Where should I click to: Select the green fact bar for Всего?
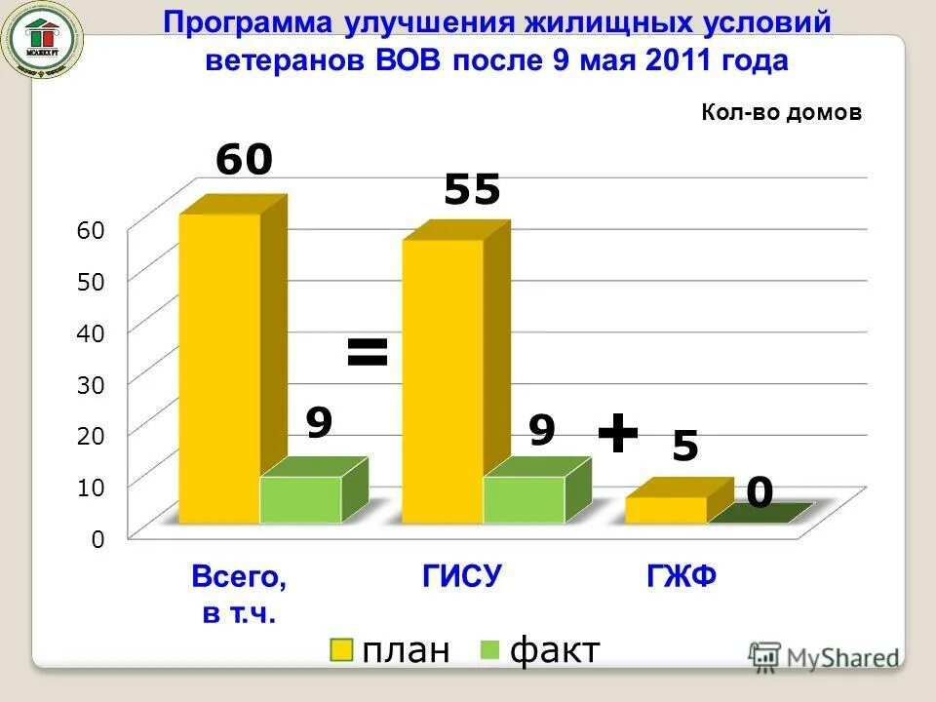[300, 499]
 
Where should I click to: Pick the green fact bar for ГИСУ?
[524, 499]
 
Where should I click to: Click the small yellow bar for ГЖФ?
[666, 509]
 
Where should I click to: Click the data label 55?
[472, 190]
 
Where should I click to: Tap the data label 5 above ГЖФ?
[685, 448]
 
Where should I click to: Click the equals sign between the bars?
[368, 353]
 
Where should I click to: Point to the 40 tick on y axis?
[90, 332]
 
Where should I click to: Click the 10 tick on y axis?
[90, 486]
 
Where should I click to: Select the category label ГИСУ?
[462, 577]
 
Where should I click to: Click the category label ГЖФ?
[682, 577]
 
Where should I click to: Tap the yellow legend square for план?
[341, 650]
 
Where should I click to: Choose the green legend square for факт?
[490, 650]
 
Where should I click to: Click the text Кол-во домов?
[781, 113]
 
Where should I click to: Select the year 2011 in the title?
[679, 60]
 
